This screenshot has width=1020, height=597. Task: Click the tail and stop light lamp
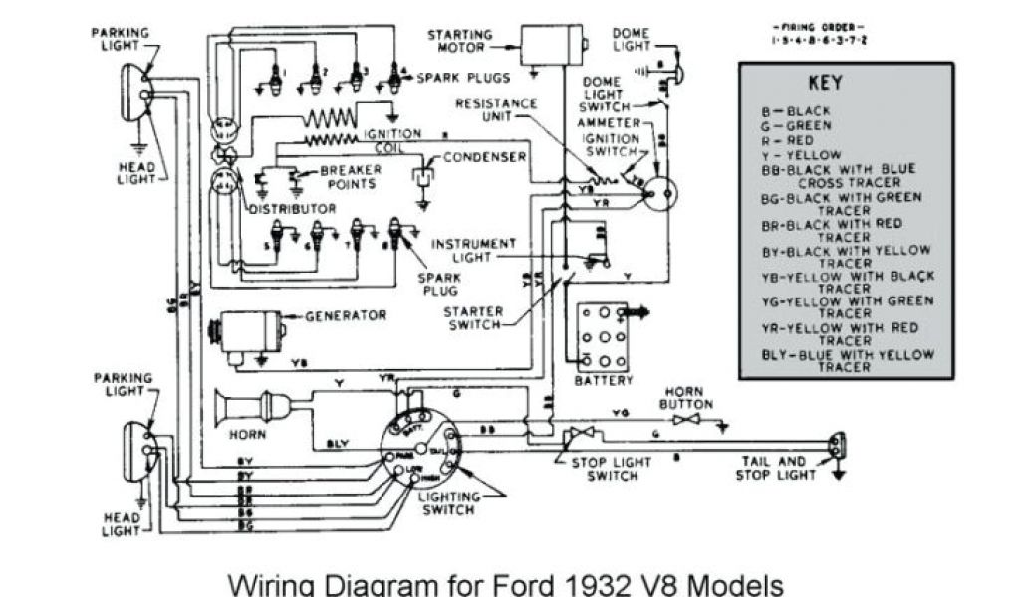pos(837,444)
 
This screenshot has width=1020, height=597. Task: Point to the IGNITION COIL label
pos(389,140)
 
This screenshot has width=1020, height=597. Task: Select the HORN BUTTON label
pos(686,398)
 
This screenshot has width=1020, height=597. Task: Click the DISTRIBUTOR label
pos(292,209)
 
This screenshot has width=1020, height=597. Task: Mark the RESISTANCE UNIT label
pos(496,109)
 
